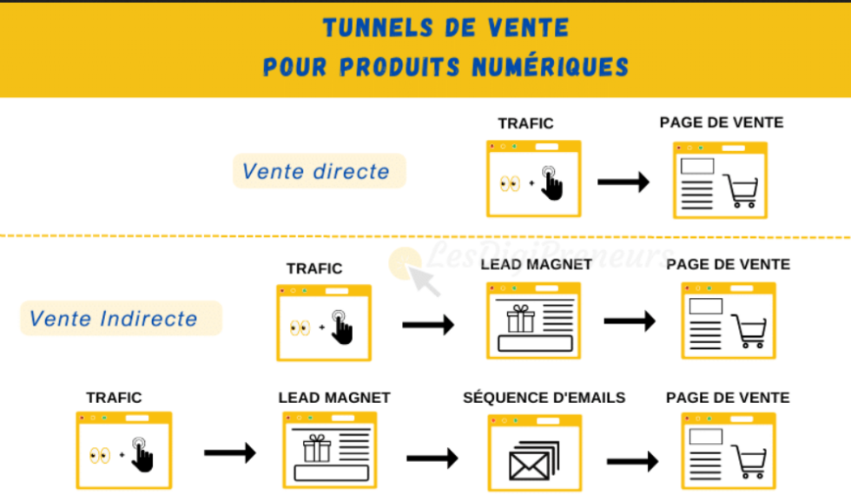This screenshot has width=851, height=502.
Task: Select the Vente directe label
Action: [x=316, y=171]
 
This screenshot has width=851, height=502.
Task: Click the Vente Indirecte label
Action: [x=114, y=319]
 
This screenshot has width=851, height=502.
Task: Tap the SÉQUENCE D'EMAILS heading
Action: [x=544, y=398]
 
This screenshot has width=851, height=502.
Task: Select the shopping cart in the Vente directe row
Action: [x=741, y=191]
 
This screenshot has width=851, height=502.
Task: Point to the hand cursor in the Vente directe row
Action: [x=552, y=183]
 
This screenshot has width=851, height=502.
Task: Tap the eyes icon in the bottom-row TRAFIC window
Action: [x=100, y=455]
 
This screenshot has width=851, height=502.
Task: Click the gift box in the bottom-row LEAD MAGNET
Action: [x=317, y=449]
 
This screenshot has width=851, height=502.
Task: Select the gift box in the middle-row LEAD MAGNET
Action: [x=521, y=319]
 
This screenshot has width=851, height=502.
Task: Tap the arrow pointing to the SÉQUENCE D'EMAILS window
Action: [x=432, y=458]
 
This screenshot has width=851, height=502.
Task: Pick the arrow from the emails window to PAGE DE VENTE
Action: [x=632, y=460]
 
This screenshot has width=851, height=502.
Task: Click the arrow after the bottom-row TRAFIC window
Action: [x=229, y=452]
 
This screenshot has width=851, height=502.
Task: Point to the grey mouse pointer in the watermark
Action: [x=425, y=281]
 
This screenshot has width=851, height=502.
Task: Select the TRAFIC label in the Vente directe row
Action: [x=525, y=124]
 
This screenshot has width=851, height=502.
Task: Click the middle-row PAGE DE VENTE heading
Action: [x=728, y=264]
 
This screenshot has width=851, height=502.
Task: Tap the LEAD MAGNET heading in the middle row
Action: [x=536, y=264]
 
